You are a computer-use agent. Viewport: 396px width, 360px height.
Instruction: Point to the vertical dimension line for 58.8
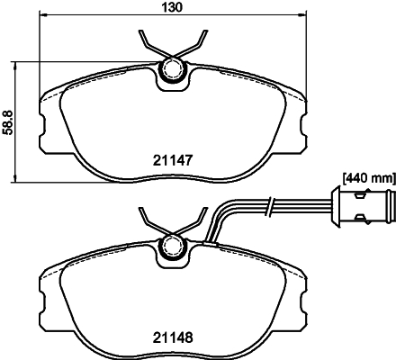tap(21, 121)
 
